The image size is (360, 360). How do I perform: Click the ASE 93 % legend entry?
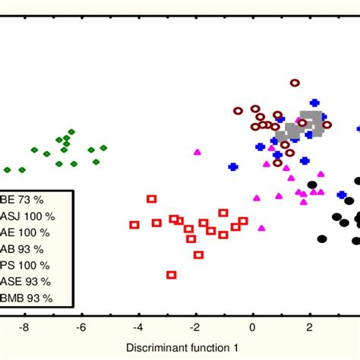27,283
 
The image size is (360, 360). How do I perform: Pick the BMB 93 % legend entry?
27,299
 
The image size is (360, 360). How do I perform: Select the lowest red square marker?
172,275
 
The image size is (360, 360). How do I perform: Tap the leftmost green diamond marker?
8,170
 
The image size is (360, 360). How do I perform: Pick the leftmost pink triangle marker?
197,152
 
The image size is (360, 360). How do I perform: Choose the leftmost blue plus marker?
233,166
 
